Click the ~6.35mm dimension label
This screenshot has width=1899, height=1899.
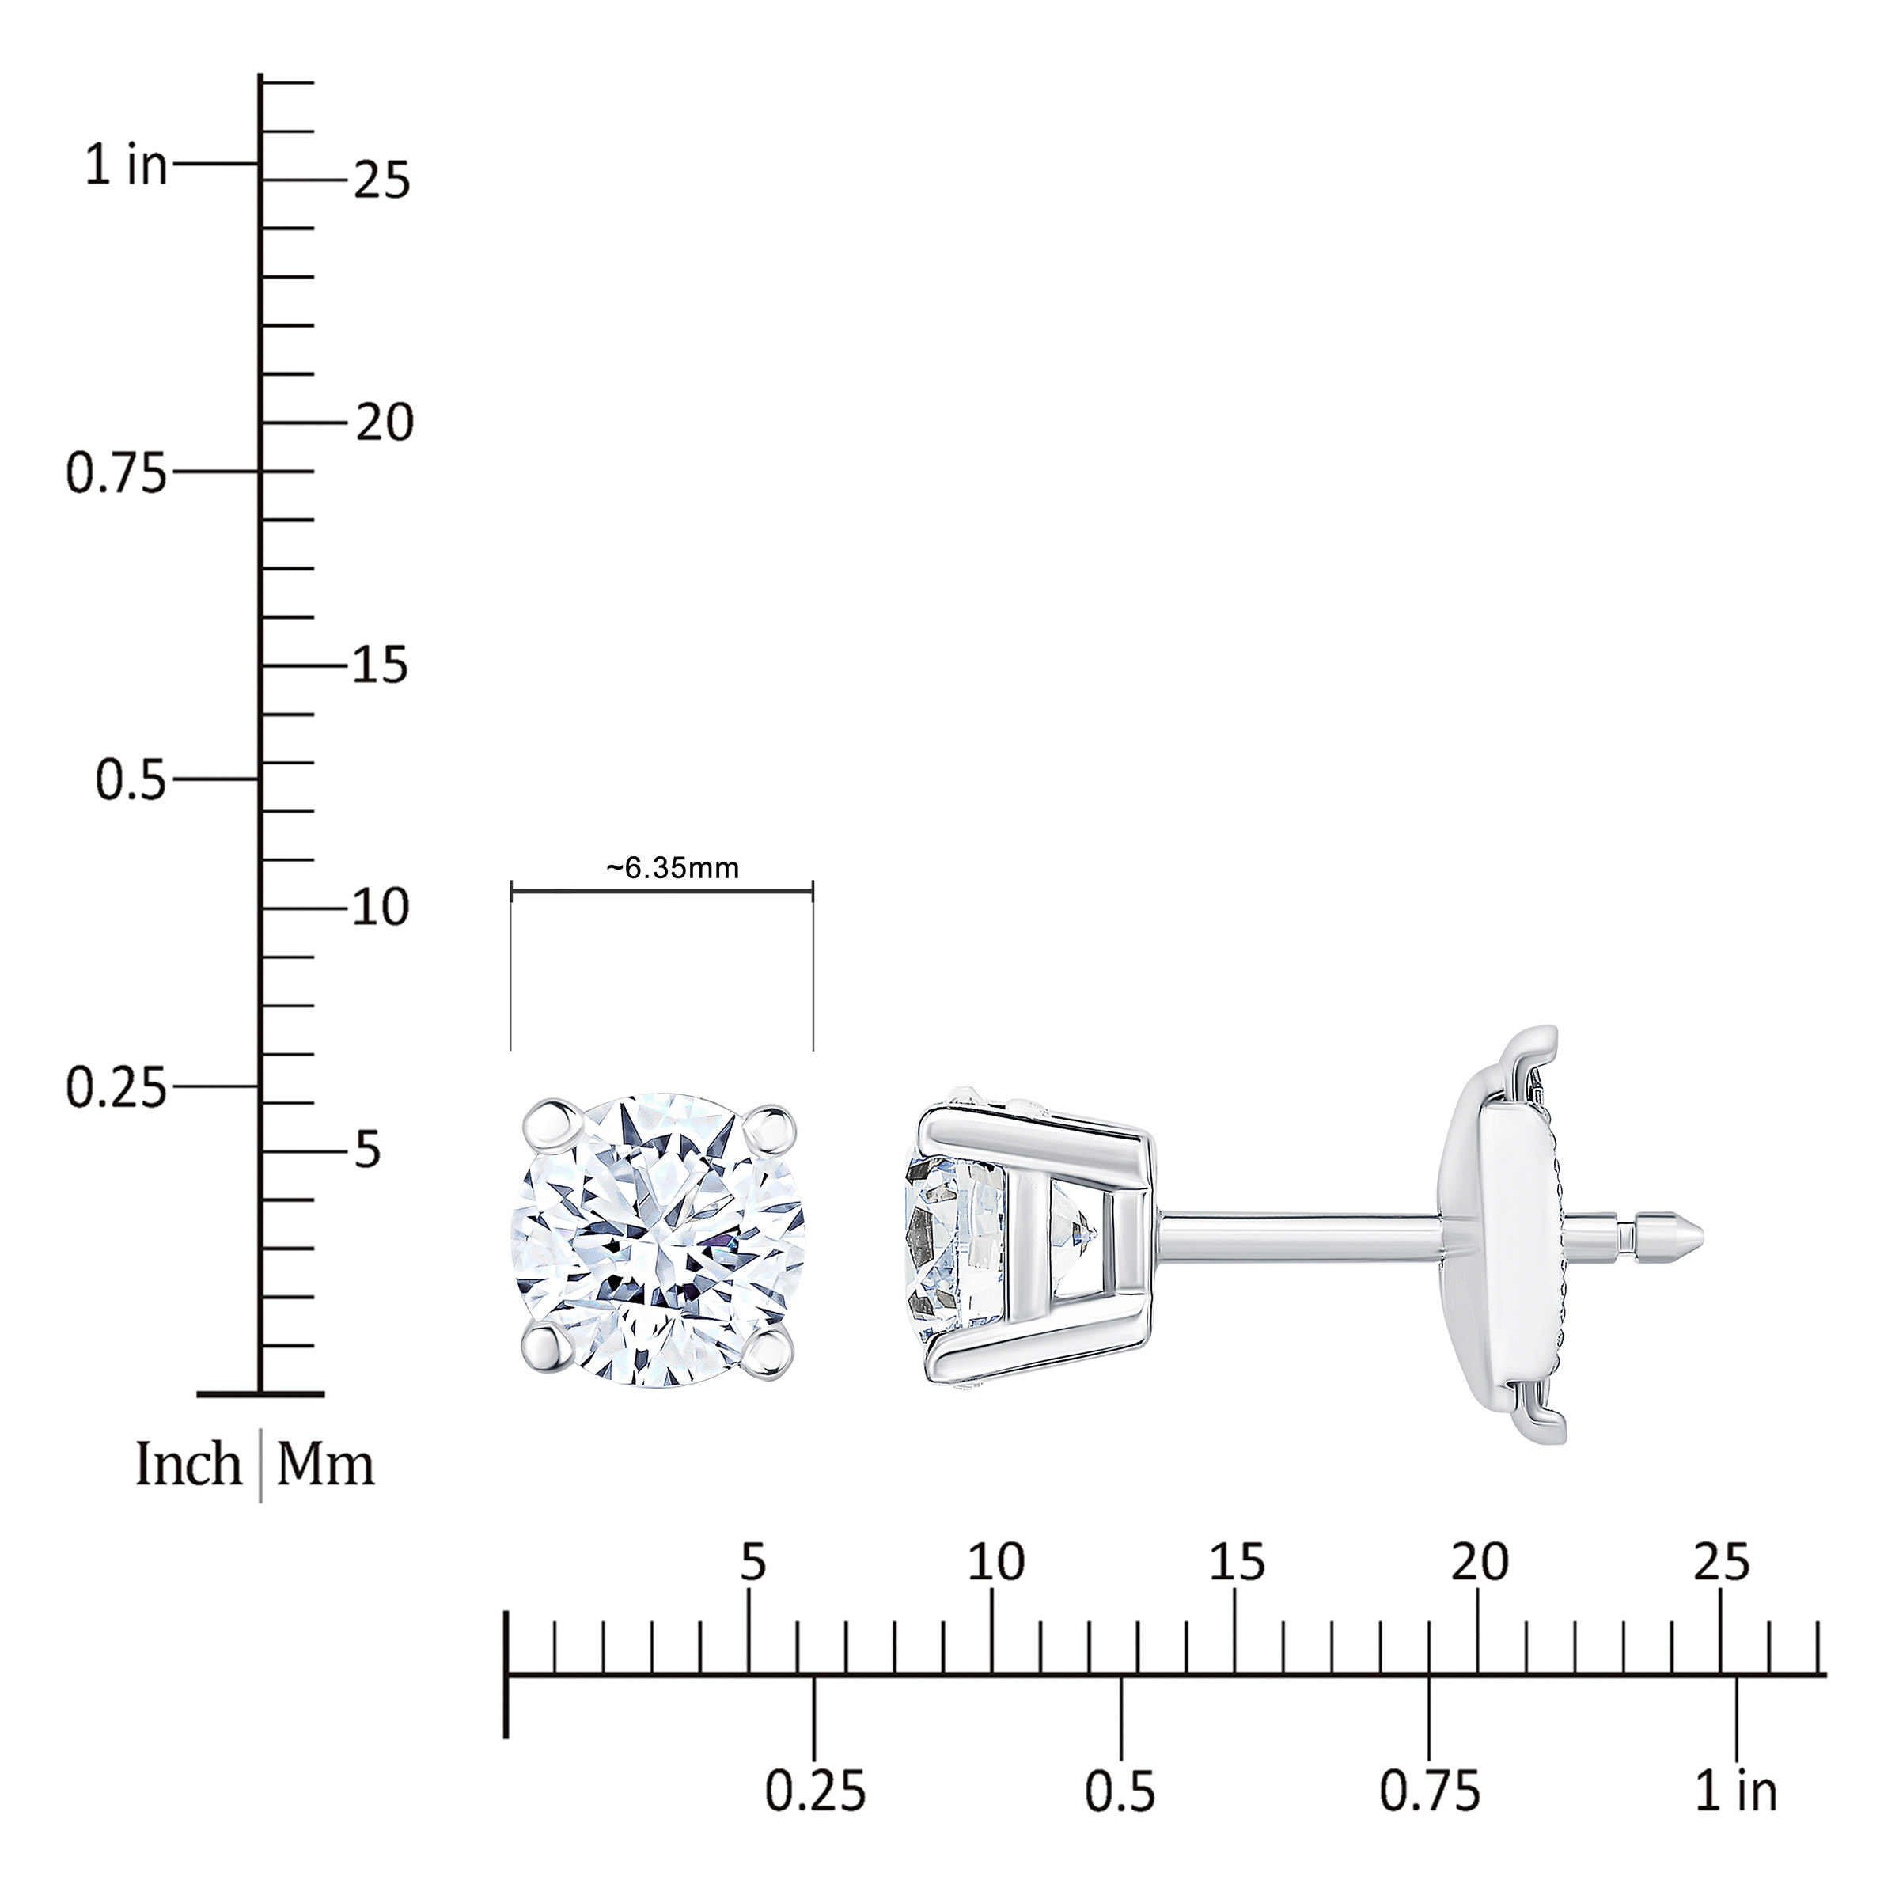tap(673, 868)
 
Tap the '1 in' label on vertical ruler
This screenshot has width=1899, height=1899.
tap(126, 165)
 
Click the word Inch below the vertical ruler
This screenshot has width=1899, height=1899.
tap(188, 1465)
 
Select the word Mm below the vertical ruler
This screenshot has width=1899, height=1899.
tap(325, 1465)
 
